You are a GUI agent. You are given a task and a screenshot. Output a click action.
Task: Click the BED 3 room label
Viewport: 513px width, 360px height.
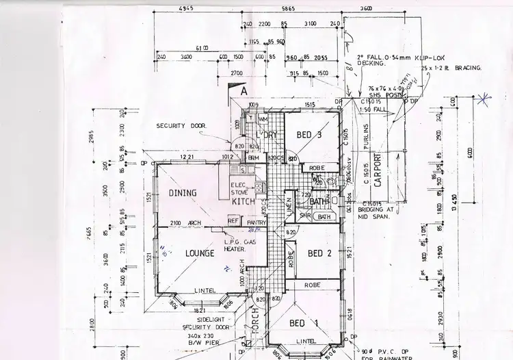pyautogui.click(x=308, y=136)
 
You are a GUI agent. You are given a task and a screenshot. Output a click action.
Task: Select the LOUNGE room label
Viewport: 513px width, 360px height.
pyautogui.click(x=200, y=253)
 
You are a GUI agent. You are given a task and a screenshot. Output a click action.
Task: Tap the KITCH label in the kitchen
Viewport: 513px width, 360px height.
pyautogui.click(x=243, y=202)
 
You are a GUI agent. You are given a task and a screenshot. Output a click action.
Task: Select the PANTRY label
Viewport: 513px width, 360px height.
pyautogui.click(x=256, y=222)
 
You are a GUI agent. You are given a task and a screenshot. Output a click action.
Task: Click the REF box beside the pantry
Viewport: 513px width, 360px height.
pyautogui.click(x=233, y=222)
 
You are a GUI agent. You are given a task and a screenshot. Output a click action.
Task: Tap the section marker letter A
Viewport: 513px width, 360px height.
pyautogui.click(x=242, y=90)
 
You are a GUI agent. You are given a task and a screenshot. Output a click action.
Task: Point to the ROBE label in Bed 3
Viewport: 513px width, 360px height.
pyautogui.click(x=315, y=168)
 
